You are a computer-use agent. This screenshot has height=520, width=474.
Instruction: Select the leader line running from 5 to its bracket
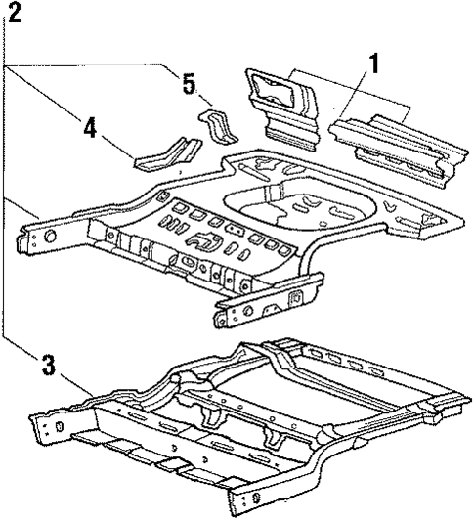click(203, 98)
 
